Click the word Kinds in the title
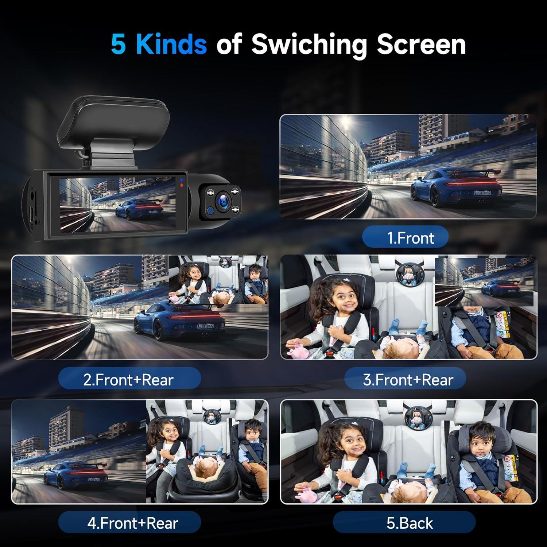pyautogui.click(x=171, y=44)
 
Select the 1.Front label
pyautogui.click(x=405, y=238)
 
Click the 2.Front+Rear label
pyautogui.click(x=129, y=380)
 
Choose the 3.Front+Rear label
pyautogui.click(x=408, y=380)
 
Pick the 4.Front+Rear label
pyautogui.click(x=132, y=523)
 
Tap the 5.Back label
pyautogui.click(x=410, y=523)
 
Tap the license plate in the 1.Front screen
pyautogui.click(x=482, y=193)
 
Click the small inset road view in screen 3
pyautogui.click(x=484, y=282)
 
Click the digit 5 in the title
pyautogui.click(x=118, y=44)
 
